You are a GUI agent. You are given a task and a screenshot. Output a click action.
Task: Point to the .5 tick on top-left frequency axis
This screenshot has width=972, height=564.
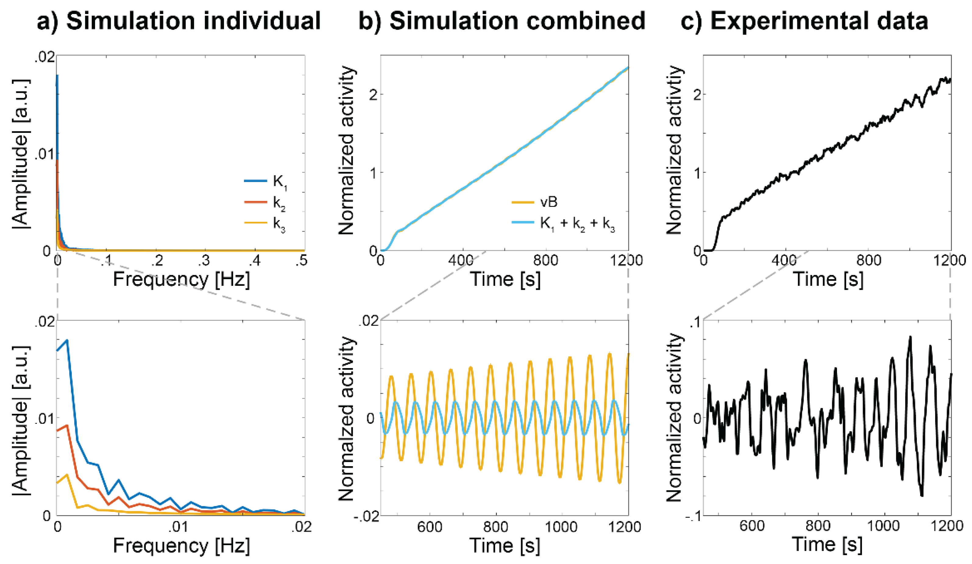click(x=301, y=261)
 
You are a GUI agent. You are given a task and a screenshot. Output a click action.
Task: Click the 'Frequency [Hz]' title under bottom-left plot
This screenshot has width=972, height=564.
click(x=181, y=545)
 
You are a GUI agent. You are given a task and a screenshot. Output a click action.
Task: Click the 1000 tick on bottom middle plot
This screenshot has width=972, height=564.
click(x=562, y=527)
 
